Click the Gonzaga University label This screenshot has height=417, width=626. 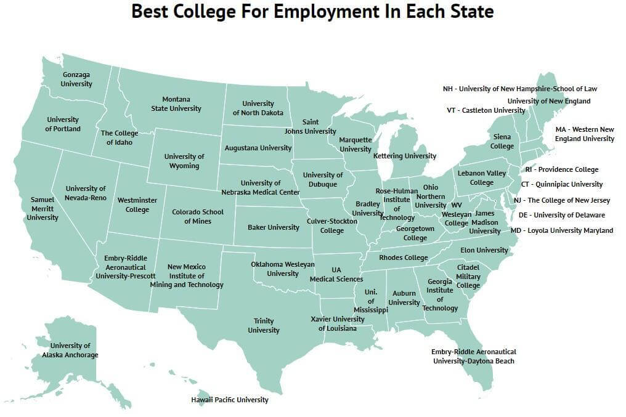click(77, 79)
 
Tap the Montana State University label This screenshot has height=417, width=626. click(176, 104)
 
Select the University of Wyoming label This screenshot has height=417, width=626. click(184, 161)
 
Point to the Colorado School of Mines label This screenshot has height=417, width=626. click(198, 217)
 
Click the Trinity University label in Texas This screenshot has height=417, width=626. click(264, 326)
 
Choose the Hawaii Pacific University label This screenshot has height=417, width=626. click(230, 400)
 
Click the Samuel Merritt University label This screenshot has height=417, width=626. click(43, 209)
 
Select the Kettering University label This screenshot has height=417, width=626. click(405, 156)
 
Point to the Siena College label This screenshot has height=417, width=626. click(502, 142)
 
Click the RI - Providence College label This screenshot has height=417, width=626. click(561, 169)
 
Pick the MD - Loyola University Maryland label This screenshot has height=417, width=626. click(562, 230)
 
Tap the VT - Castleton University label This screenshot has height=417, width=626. click(486, 110)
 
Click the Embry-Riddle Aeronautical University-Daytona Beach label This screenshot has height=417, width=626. click(473, 356)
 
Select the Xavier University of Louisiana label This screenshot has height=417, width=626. click(338, 324)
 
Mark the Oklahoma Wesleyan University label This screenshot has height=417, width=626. click(283, 269)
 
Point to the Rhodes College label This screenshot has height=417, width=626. click(404, 257)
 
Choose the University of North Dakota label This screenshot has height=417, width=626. click(258, 108)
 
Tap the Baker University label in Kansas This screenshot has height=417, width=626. click(274, 227)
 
